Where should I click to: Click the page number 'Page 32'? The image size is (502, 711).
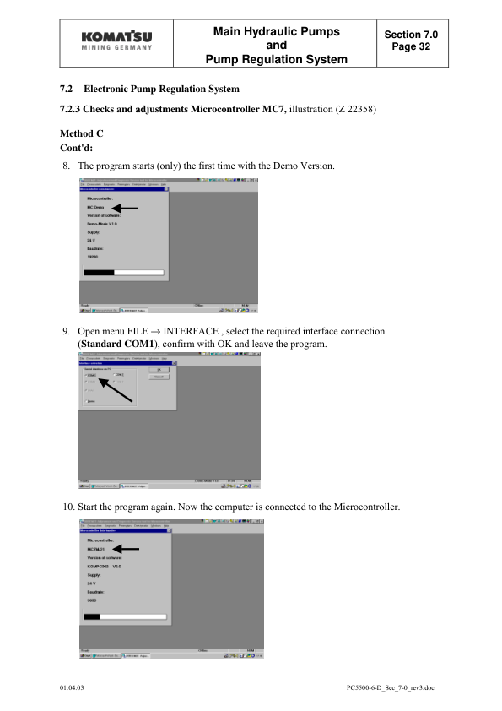click(x=416, y=46)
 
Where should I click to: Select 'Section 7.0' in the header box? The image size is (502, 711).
click(x=416, y=35)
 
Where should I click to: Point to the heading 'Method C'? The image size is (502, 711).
click(x=81, y=134)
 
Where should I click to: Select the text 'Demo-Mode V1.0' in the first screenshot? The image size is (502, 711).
click(x=101, y=223)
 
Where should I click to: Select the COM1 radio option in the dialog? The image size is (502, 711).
click(x=90, y=374)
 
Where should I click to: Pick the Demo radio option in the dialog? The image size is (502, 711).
click(x=89, y=402)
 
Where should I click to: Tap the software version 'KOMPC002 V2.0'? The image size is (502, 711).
click(x=105, y=567)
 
